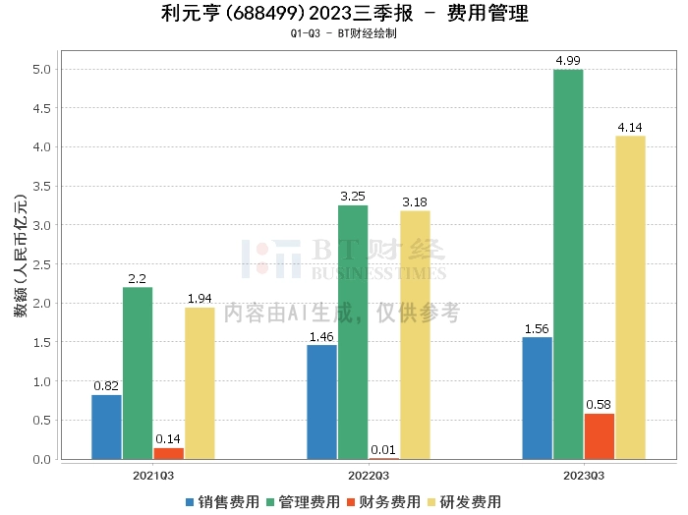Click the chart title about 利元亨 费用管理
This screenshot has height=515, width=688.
pos(344,14)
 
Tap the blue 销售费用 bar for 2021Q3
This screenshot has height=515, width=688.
pos(106,427)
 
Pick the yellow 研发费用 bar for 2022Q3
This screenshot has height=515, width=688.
pos(415,334)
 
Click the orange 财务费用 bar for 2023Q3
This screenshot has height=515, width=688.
pos(599,436)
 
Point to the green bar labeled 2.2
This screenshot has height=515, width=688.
pos(138,372)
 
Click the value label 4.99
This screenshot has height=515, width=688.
pos(567,61)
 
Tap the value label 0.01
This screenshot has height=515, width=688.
pos(383,449)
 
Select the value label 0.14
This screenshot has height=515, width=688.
pos(168,439)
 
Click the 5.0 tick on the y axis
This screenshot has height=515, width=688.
pos(42,69)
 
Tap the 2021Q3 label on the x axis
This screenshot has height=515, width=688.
pos(153,474)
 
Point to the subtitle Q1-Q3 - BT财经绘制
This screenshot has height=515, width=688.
pos(344,33)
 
